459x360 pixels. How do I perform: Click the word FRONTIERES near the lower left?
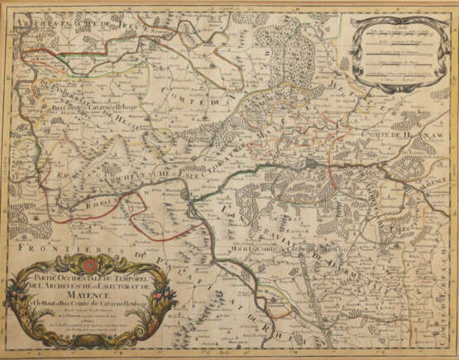pyautogui.click(x=55, y=247)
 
